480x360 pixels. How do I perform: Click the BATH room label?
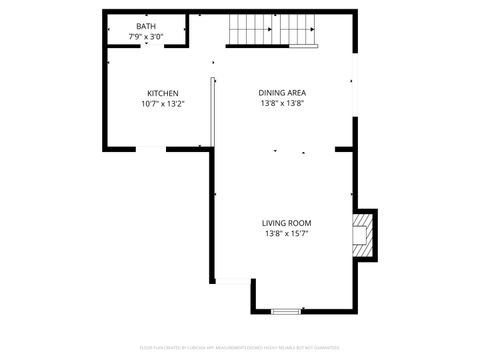pos(146,26)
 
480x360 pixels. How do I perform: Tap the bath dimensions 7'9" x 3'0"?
pos(146,37)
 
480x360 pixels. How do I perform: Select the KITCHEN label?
pos(163,93)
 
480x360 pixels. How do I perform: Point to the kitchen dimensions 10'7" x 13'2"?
pos(163,103)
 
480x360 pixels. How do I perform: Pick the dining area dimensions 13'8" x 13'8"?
pos(281,103)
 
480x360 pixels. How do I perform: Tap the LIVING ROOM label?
pos(287,223)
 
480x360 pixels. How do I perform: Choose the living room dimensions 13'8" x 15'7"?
pos(287,233)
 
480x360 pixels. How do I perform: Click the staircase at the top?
pos(272,30)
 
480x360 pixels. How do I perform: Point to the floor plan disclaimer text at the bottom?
pos(239,347)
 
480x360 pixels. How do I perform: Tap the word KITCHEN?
pos(163,93)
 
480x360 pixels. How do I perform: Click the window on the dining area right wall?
pos(353,85)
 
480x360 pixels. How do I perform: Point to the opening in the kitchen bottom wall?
pos(151,149)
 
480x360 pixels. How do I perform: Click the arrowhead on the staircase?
pos(314,30)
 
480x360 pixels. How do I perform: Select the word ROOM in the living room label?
pos(301,223)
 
